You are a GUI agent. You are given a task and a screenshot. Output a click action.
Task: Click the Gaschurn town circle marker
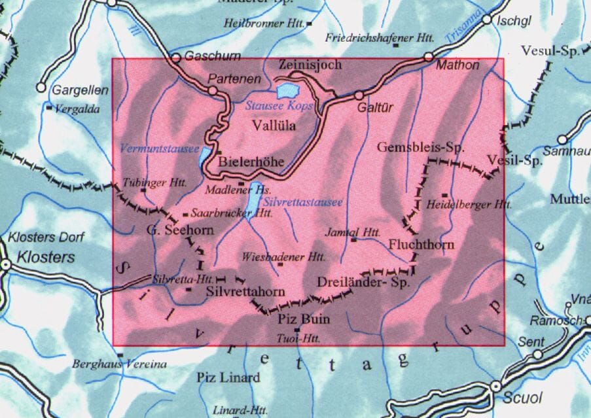click(175, 58)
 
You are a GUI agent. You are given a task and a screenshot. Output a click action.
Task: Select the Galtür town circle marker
click(359, 96)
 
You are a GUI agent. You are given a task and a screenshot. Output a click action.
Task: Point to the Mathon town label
click(457, 65)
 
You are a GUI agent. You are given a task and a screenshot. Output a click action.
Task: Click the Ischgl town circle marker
click(487, 20)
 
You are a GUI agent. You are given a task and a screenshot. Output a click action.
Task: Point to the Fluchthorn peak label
click(417, 244)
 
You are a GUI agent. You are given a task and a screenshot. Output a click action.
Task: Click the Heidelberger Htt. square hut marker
click(444, 195)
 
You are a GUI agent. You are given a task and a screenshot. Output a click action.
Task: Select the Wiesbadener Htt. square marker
click(280, 264)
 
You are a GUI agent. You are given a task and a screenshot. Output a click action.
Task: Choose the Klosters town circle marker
click(6, 265)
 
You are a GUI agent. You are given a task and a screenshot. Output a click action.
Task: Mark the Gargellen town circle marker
click(41, 87)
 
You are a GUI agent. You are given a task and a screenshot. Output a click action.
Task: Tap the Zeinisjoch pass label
click(310, 65)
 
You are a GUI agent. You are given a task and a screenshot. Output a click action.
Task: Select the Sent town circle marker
click(537, 354)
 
